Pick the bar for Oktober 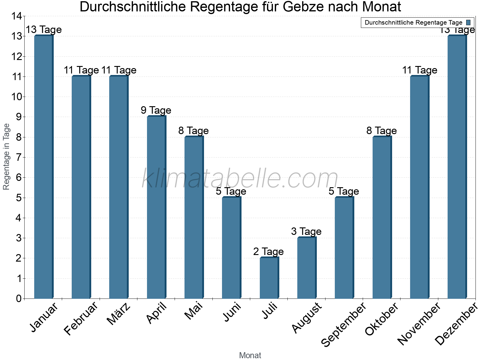coord(382,217)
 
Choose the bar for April coord(156,207)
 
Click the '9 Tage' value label coord(156,110)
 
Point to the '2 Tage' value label coord(268,251)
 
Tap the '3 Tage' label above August coord(306,231)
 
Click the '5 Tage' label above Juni coord(231,191)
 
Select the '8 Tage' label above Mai coord(193,130)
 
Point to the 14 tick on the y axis coord(16,16)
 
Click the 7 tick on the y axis coord(19,157)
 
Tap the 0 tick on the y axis coord(19,298)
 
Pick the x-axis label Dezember coord(456,324)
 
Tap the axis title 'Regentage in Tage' coord(6,157)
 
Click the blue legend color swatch coord(468,22)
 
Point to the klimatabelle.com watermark coord(240,179)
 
